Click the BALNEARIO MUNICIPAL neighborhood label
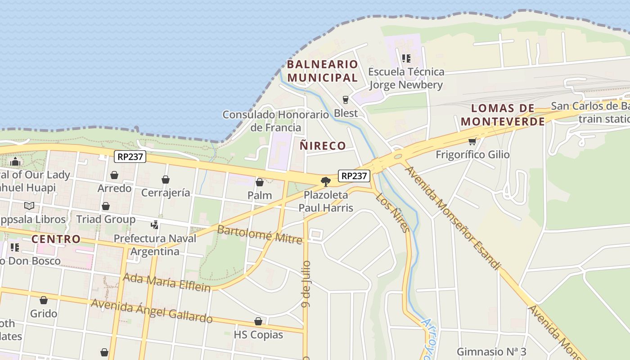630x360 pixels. click(x=322, y=71)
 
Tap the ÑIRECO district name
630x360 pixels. click(x=323, y=146)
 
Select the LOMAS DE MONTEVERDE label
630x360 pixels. click(x=503, y=115)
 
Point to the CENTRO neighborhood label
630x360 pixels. click(x=56, y=239)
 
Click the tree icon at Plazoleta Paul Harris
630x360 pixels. click(x=325, y=182)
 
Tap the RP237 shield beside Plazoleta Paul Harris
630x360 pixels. click(x=354, y=176)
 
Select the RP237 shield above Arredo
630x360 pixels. click(x=130, y=157)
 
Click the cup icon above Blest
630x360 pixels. click(x=346, y=100)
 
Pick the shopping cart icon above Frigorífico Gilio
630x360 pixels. click(x=472, y=142)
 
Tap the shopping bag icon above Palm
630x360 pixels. click(x=260, y=182)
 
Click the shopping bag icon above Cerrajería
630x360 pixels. click(x=166, y=180)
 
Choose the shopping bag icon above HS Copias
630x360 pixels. click(x=258, y=321)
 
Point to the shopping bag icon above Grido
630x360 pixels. click(x=44, y=300)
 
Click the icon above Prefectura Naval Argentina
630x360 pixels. click(x=155, y=225)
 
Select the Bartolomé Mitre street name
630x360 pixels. click(x=260, y=234)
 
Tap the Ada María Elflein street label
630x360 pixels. click(x=166, y=283)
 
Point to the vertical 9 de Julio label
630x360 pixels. click(x=306, y=284)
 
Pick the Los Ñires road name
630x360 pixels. click(x=393, y=213)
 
